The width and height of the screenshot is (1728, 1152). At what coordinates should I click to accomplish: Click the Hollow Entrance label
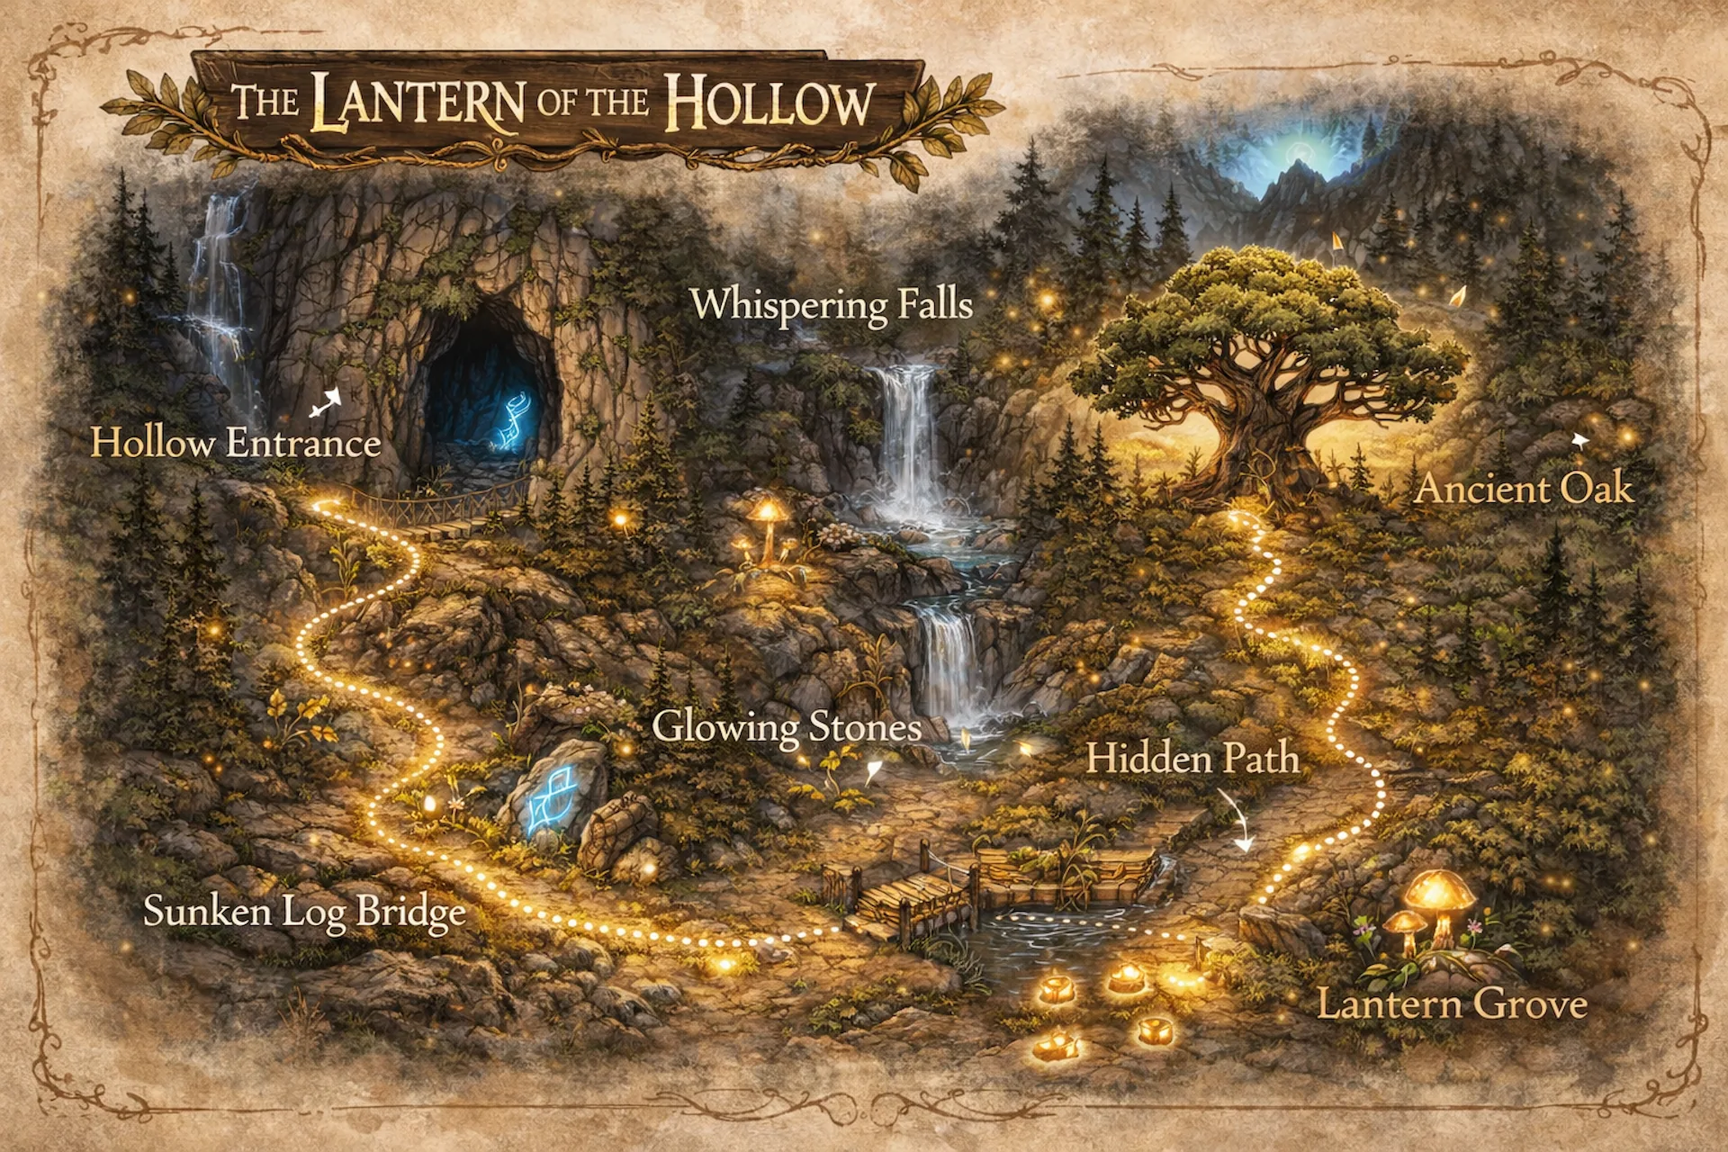tap(236, 444)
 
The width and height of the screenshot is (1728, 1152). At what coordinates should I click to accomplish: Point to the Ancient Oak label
tap(1524, 490)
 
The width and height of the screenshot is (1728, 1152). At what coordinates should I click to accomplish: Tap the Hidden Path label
tap(1192, 759)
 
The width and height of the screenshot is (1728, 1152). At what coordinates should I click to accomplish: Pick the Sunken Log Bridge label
tap(304, 912)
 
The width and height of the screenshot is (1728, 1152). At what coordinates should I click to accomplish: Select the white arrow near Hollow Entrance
tap(326, 402)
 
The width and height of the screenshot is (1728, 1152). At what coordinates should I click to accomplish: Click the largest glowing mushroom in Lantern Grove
tap(1441, 895)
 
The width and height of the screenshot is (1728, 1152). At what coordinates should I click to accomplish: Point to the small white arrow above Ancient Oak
tap(1579, 441)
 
